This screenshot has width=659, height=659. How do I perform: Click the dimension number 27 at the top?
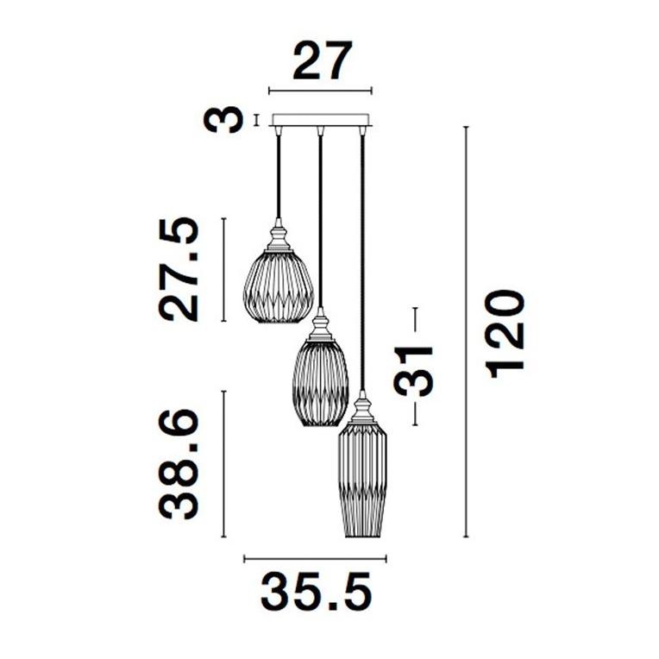pyautogui.click(x=323, y=61)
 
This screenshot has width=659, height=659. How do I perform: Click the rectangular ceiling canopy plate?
pyautogui.click(x=320, y=121)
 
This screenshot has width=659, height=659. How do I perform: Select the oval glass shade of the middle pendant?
pyautogui.click(x=321, y=380)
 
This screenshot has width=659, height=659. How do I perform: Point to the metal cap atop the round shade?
pyautogui.click(x=278, y=235)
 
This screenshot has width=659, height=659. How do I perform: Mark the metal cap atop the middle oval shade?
pyautogui.click(x=321, y=326)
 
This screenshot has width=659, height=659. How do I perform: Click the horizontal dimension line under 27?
pyautogui.click(x=320, y=90)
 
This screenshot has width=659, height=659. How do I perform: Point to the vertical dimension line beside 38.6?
pyautogui.click(x=224, y=464)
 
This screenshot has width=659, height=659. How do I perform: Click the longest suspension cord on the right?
pyautogui.click(x=362, y=259)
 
